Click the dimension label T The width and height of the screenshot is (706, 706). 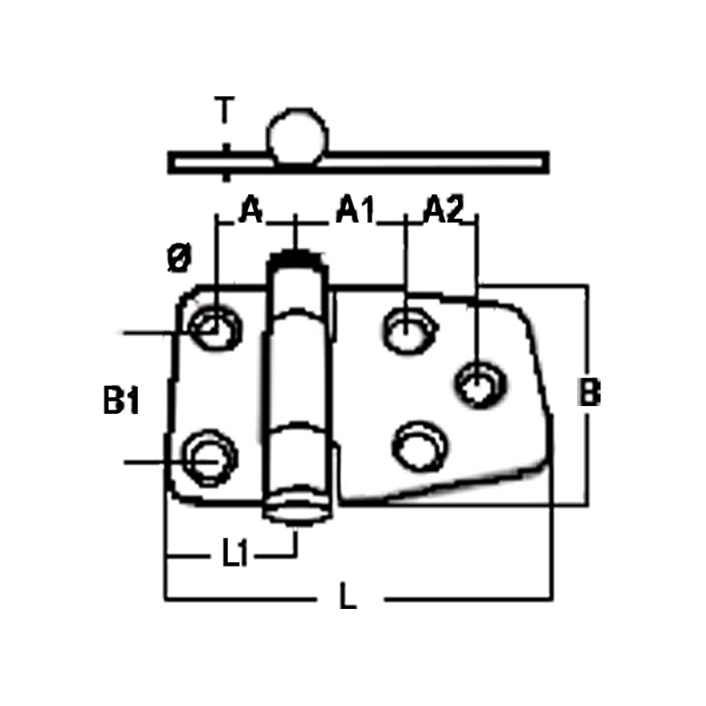225,110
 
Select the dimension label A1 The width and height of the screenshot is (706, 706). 356,209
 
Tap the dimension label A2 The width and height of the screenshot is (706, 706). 443,209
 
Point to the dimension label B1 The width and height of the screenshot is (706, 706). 121,401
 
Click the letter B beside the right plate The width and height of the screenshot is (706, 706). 589,393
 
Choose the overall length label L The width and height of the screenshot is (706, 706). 348,597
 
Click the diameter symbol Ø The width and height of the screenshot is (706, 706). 179,258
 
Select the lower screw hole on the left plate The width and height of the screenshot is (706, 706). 209,457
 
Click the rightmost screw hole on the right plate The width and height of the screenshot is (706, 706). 480,385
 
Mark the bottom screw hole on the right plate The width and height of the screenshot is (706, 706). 420,447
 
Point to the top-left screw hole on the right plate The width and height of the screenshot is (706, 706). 409,329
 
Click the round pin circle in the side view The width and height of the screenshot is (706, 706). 297,135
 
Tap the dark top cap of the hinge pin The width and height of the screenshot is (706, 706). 295,258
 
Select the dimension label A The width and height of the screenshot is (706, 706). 251,209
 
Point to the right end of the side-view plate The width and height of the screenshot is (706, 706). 545,162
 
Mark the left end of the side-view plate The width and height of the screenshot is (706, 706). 172,162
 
